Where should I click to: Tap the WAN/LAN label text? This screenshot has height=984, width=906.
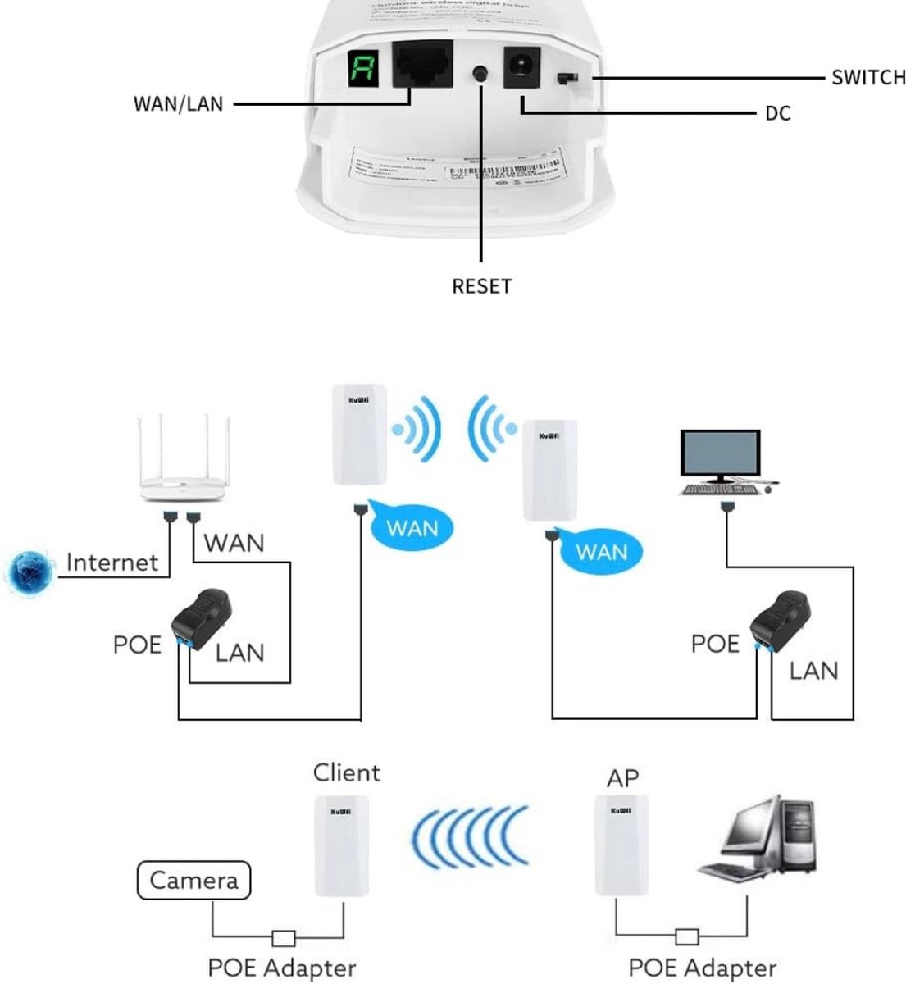pyautogui.click(x=178, y=104)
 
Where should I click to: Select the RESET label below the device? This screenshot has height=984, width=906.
pyautogui.click(x=481, y=286)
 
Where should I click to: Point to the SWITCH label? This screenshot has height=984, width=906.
pyautogui.click(x=868, y=78)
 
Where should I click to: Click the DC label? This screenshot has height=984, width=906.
pyautogui.click(x=777, y=113)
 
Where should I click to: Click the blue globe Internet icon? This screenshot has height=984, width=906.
pyautogui.click(x=32, y=572)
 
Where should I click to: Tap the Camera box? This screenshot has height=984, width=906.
pyautogui.click(x=193, y=881)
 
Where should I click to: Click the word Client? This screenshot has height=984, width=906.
pyautogui.click(x=347, y=772)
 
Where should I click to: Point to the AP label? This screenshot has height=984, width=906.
pyautogui.click(x=622, y=777)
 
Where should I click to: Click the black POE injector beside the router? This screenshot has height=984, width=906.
pyautogui.click(x=204, y=615)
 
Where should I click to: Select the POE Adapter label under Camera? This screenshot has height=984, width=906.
pyautogui.click(x=281, y=968)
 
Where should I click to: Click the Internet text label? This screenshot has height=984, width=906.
pyautogui.click(x=112, y=563)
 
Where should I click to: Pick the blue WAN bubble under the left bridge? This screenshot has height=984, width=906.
pyautogui.click(x=412, y=526)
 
